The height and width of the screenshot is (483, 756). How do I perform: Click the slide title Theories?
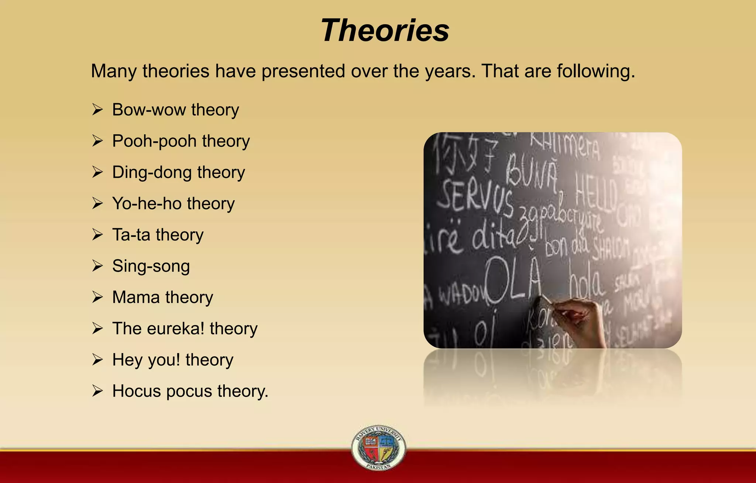pyautogui.click(x=385, y=31)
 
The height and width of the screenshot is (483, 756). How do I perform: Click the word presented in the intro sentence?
pyautogui.click(x=303, y=71)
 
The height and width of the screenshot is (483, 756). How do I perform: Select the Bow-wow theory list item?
pyautogui.click(x=175, y=110)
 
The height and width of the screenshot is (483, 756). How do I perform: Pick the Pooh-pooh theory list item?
pyautogui.click(x=181, y=141)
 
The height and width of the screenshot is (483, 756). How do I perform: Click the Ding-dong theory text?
pyautogui.click(x=178, y=173)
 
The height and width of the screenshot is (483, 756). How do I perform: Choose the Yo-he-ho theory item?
pyautogui.click(x=173, y=204)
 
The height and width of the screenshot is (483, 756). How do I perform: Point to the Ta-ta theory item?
pyautogui.click(x=158, y=235)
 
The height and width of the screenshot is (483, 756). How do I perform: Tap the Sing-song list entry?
pyautogui.click(x=151, y=266)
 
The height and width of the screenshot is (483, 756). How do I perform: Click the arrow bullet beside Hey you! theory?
pyautogui.click(x=97, y=359)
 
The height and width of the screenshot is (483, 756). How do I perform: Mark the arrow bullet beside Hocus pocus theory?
pyautogui.click(x=97, y=391)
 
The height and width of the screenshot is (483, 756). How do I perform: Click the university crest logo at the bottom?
pyautogui.click(x=378, y=448)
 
